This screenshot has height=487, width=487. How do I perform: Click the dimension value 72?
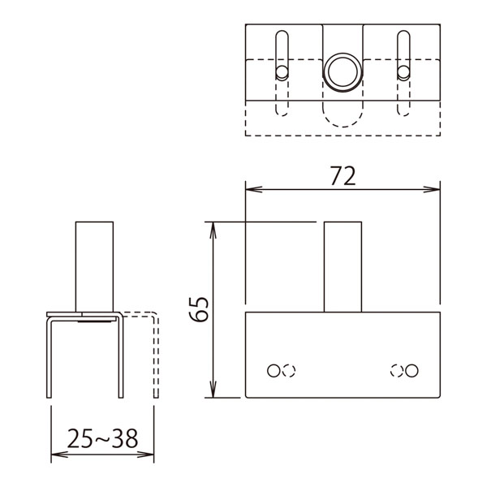[343, 176]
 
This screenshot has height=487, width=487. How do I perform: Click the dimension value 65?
[199, 309]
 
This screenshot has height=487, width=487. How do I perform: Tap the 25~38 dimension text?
[102, 438]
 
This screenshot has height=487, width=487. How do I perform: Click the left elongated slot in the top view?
[282, 55]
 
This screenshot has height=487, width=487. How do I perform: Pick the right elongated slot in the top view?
[403, 55]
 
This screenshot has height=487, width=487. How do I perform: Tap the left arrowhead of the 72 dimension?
[254, 189]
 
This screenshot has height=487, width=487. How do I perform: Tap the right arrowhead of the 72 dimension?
[432, 189]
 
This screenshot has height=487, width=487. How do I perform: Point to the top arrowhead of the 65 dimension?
[213, 231]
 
